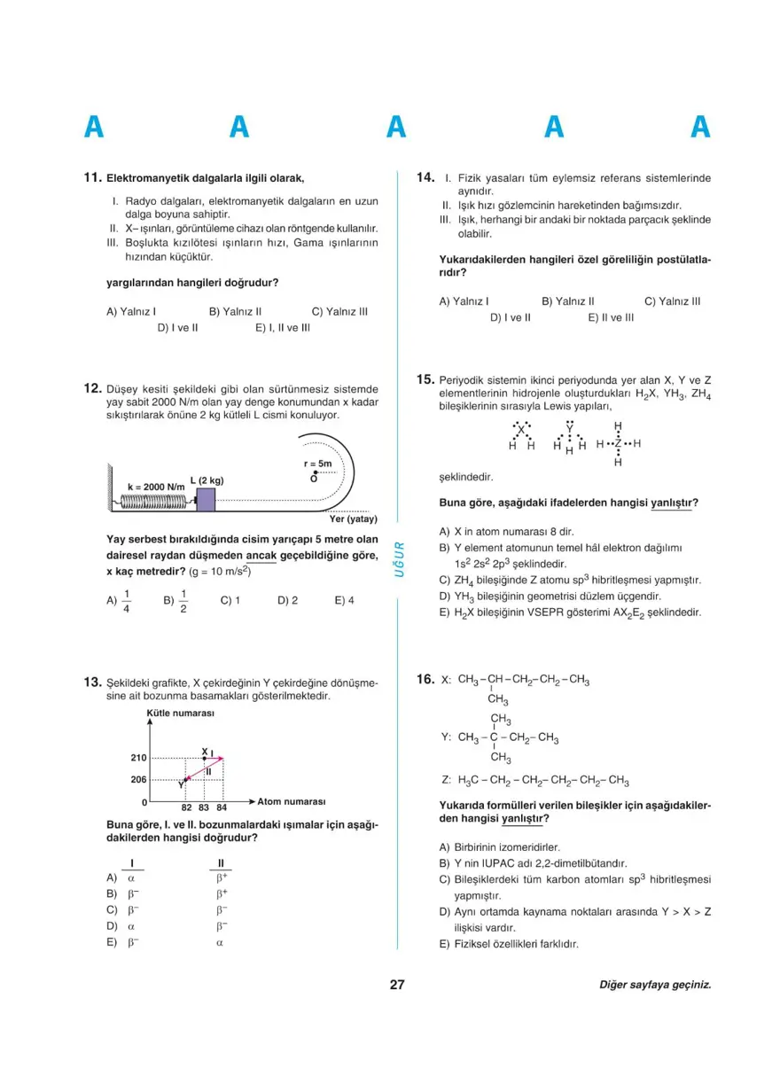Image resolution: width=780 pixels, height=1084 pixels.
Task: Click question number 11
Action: pos(92,178)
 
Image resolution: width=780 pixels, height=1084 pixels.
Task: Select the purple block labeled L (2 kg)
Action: pos(206,499)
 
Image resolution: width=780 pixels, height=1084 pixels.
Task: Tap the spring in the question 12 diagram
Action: pos(156,501)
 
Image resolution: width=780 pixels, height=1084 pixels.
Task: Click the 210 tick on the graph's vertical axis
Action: pos(138,758)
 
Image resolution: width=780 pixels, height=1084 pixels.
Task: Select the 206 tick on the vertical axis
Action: pos(138,779)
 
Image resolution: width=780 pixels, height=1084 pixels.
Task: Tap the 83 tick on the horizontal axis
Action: pos(204,807)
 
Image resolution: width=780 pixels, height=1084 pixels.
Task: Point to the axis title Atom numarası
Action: pos(292,801)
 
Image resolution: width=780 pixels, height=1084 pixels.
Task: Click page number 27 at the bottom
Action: pos(397,984)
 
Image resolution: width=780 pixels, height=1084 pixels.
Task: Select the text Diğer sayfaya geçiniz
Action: pos(655,985)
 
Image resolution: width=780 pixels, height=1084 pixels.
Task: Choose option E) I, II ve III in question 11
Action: pos(283,327)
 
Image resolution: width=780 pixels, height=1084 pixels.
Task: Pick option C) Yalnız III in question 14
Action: pos(672,301)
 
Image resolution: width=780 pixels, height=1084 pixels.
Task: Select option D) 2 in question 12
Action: pos(287,600)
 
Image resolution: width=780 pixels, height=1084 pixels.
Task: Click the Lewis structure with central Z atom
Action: pos(618,443)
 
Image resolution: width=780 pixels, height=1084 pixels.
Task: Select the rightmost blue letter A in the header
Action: pos(701,129)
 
